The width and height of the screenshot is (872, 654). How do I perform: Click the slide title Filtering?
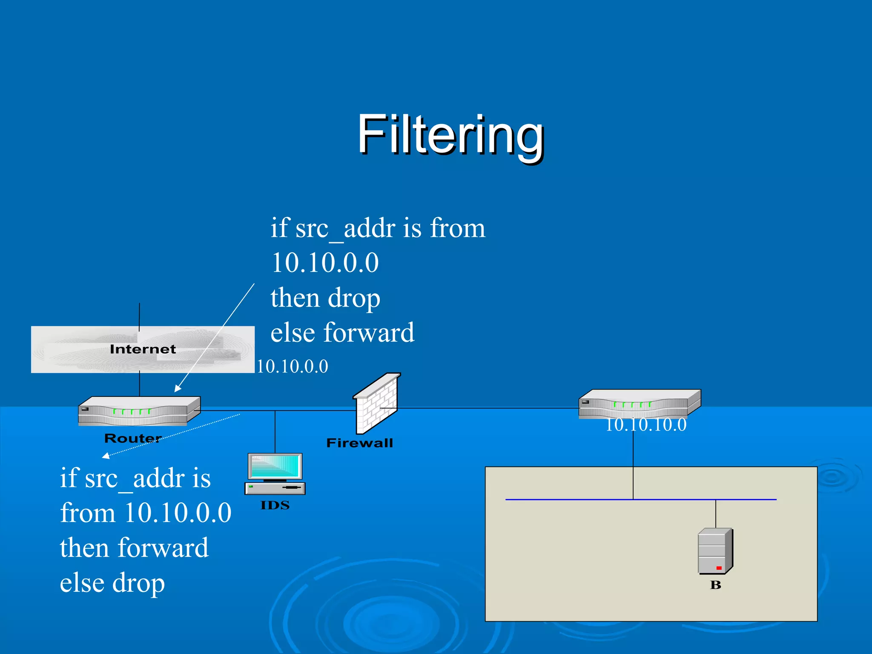coord(450,135)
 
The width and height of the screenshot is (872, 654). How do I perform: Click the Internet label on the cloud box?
coord(143,349)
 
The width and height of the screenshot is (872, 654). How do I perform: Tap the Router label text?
coord(133,438)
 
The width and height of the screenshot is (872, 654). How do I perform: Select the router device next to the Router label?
coord(139,411)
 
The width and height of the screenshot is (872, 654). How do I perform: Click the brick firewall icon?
coord(376,402)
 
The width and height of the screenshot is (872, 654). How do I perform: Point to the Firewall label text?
coord(359,443)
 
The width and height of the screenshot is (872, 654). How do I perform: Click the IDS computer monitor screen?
coord(275,466)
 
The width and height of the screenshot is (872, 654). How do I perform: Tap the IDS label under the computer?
coord(275,505)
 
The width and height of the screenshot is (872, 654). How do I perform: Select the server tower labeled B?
coord(715,551)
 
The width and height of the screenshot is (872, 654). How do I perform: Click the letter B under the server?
coord(715,585)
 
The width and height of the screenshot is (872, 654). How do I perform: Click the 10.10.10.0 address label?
coord(645,425)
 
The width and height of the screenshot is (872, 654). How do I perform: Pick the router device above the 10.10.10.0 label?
coord(639,403)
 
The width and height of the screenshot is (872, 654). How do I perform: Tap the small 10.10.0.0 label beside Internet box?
coord(292,367)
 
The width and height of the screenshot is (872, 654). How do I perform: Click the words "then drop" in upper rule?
coord(325,298)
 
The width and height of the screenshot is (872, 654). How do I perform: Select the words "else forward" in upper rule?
coord(342,333)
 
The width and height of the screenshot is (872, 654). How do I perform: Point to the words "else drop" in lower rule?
coord(112,583)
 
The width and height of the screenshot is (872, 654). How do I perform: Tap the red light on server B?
coord(719,568)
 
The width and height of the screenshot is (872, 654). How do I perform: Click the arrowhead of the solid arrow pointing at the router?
coord(177,389)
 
